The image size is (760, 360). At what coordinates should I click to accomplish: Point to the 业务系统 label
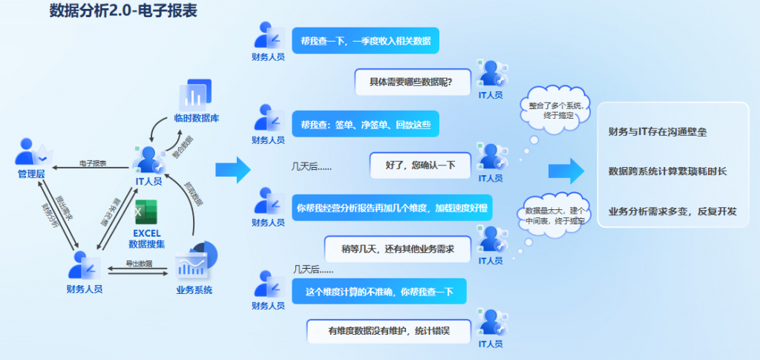click(x=194, y=289)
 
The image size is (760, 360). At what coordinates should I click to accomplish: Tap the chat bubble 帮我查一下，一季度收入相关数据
click(x=365, y=40)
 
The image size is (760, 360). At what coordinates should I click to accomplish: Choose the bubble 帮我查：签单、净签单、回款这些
click(x=365, y=124)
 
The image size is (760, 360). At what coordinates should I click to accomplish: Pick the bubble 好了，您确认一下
click(x=420, y=165)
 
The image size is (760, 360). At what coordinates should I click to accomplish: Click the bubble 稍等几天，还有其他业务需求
click(x=397, y=249)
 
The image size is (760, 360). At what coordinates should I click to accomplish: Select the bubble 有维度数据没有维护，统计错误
click(x=389, y=331)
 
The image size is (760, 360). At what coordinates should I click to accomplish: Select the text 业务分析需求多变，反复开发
click(x=672, y=212)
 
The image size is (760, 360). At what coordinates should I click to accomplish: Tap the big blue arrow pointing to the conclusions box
click(x=566, y=171)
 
